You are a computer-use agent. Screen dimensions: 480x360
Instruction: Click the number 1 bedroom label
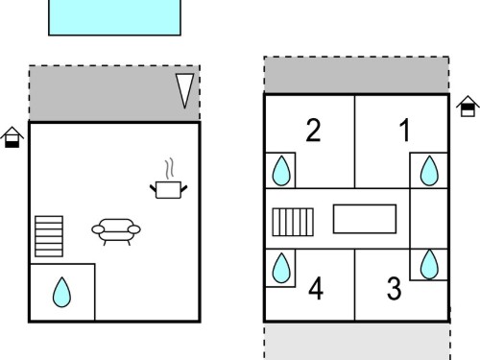coord(405,130)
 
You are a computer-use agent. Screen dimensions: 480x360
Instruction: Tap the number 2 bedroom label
coord(313,130)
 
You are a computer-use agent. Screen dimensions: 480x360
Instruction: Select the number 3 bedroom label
coord(394,288)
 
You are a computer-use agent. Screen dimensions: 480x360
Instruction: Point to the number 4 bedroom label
coord(316,288)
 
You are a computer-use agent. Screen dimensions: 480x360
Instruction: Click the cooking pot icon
coord(169,190)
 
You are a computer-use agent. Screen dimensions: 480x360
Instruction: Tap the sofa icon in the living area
coord(116,231)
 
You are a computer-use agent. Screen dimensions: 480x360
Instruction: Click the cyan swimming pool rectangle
coord(114,17)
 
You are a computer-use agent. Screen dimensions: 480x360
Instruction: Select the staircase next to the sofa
coord(49,236)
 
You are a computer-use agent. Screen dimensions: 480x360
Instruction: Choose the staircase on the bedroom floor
coord(293,222)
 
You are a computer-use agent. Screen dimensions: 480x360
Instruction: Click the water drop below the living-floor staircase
coord(61,292)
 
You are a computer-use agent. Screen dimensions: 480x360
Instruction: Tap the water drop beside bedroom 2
coord(281,171)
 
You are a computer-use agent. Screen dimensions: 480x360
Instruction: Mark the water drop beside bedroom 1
coord(429,171)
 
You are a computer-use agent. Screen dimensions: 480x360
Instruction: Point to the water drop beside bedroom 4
coord(281,268)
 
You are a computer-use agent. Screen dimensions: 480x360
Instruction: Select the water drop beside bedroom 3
coord(429,265)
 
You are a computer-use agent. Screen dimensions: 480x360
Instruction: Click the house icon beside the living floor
coord(12,137)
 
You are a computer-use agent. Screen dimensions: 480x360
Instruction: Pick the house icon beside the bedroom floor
coord(468,106)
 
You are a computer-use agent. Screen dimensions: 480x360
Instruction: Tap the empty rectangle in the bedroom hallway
coord(365,219)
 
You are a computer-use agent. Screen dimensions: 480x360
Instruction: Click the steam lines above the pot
coord(170,168)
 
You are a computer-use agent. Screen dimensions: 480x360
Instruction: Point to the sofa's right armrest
coord(134,229)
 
